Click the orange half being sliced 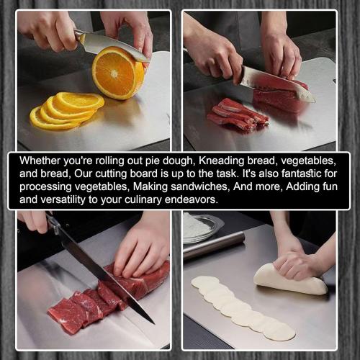point(118,73)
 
